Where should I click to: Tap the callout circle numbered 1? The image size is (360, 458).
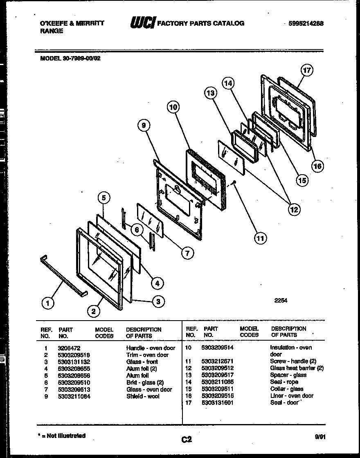click(x=48, y=303)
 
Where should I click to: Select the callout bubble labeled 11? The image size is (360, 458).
click(x=260, y=238)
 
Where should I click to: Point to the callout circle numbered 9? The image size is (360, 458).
click(x=143, y=126)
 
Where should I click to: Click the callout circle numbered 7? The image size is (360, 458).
click(x=187, y=253)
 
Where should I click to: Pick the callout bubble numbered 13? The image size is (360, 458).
click(x=210, y=94)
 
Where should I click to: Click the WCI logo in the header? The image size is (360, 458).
click(x=142, y=24)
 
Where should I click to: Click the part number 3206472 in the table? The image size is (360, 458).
click(x=67, y=348)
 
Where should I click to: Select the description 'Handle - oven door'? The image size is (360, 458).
click(x=151, y=348)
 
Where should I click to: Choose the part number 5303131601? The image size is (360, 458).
click(x=217, y=403)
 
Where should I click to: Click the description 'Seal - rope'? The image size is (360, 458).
click(x=284, y=382)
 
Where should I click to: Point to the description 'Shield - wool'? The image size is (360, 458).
click(x=143, y=396)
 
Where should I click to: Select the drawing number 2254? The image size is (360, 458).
click(x=281, y=300)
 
